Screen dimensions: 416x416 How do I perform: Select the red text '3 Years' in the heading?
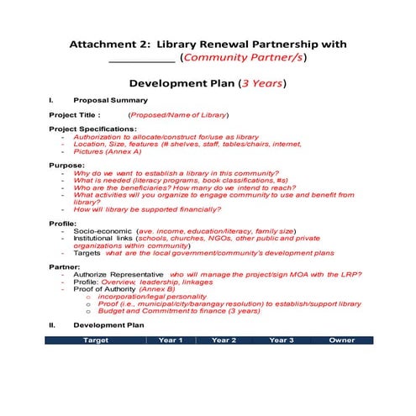point(261,83)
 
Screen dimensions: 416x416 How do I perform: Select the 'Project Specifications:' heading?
point(92,129)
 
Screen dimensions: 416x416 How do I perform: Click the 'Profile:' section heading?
point(63,223)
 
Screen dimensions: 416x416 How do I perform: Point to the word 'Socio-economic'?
point(103,230)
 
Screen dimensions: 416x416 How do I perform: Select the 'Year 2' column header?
point(224,340)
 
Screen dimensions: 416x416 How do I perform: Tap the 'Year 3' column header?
point(281,340)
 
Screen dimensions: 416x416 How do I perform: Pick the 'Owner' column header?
point(341,340)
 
